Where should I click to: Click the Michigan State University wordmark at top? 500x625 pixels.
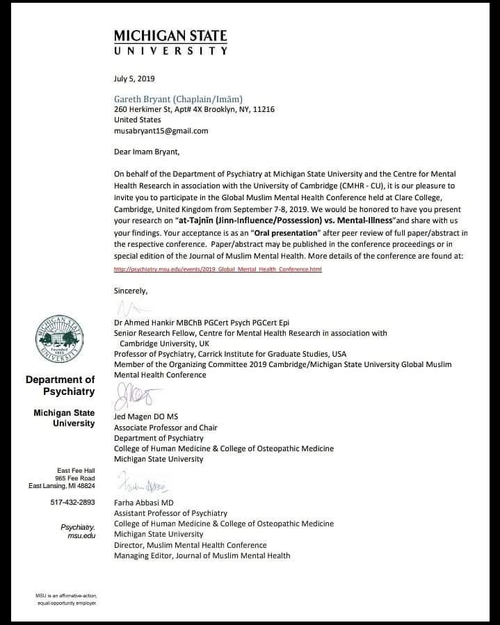point(170,42)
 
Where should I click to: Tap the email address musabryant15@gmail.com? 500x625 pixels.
point(161,130)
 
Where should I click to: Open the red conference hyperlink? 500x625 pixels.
point(218,269)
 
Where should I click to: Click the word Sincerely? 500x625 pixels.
point(131,290)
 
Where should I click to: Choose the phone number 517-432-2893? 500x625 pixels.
point(72,503)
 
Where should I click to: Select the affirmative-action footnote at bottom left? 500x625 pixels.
point(67,599)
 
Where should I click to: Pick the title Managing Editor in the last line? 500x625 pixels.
point(142,555)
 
